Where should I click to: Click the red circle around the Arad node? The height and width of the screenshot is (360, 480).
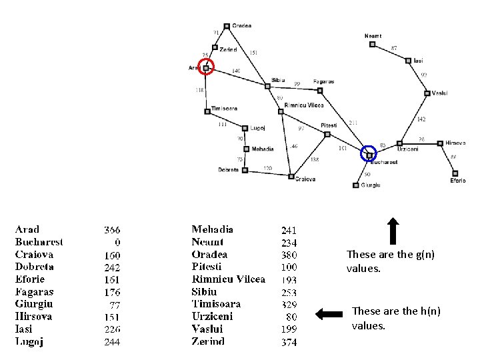207,67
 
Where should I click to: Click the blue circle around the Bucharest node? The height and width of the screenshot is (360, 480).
369,154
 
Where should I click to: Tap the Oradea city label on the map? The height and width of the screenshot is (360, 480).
241,26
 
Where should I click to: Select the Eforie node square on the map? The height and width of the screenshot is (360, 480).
455,173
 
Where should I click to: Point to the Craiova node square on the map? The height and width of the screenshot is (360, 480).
291,176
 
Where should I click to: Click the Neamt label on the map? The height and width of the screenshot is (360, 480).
373,35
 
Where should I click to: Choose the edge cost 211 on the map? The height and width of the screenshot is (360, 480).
353,122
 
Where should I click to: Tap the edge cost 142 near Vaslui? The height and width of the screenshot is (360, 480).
421,119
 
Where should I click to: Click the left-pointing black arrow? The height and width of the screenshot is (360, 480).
329,313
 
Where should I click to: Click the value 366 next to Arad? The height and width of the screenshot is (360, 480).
112,229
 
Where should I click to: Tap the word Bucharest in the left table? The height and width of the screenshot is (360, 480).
39,242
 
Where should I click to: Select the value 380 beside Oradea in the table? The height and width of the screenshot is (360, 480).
289,255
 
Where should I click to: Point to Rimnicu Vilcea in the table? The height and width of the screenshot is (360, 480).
228,279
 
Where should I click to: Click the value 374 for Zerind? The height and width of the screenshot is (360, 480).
289,342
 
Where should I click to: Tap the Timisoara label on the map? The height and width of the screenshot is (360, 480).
224,108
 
